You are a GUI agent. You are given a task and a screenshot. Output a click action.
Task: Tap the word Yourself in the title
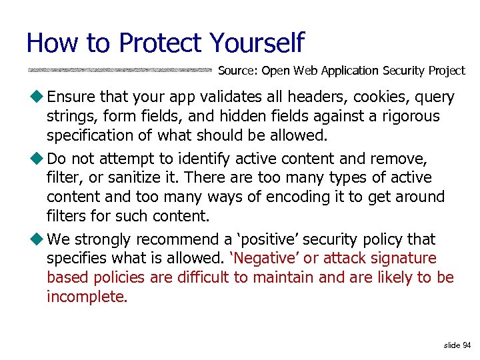(x=257, y=43)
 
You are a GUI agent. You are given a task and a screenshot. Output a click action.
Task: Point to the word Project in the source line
(x=447, y=71)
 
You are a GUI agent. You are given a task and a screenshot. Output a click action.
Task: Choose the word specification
(x=99, y=135)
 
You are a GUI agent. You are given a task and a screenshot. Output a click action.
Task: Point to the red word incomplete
(x=87, y=297)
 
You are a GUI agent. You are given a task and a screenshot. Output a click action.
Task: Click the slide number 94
(x=466, y=345)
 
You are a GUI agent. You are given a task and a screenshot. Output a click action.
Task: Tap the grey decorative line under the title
(x=120, y=69)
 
